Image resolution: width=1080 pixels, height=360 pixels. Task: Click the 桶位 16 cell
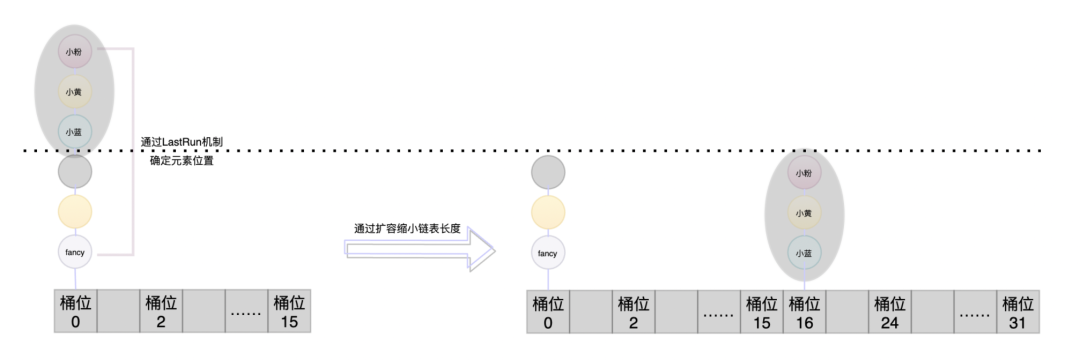804,311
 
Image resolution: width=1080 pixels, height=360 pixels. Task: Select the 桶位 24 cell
889,311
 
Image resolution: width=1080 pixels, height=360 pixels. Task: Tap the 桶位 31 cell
1018,311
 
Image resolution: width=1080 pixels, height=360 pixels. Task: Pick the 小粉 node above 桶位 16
804,173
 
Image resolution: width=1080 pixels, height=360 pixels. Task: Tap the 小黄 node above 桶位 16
804,212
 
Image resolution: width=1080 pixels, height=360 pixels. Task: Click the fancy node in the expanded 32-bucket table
547,253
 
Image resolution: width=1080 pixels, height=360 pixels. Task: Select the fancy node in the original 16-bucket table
75,253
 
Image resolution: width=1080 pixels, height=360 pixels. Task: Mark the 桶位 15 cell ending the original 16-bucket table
289,311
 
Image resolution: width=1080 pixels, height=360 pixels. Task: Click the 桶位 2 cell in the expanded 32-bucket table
633,311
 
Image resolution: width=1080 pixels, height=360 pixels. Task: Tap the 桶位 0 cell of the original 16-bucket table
75,311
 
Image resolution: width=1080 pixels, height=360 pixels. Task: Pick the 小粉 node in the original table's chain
75,50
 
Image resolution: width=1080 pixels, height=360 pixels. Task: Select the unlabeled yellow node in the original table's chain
75,212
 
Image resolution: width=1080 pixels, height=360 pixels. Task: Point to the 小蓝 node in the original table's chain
75,131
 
